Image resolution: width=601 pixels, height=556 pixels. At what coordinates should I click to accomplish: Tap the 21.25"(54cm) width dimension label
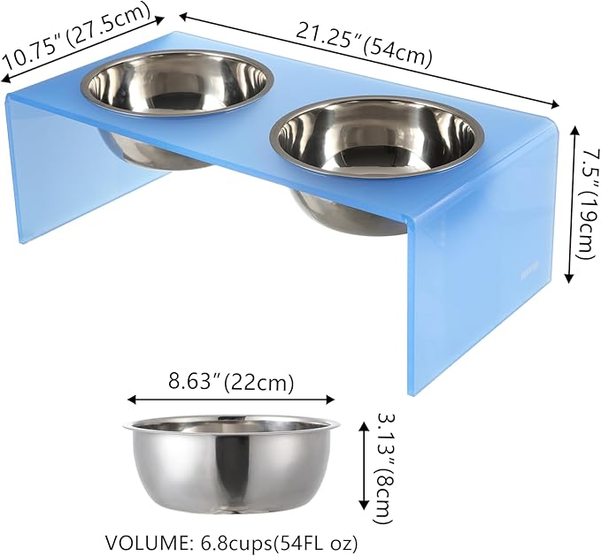[364, 44]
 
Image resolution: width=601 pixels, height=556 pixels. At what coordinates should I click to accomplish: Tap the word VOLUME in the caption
[143, 541]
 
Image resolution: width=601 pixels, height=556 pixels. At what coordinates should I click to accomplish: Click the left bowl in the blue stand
[177, 84]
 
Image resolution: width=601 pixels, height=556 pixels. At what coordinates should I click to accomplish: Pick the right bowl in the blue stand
[381, 133]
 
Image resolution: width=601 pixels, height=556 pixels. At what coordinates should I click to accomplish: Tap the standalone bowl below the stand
[232, 468]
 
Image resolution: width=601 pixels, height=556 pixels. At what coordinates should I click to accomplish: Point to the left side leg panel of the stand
[53, 168]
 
